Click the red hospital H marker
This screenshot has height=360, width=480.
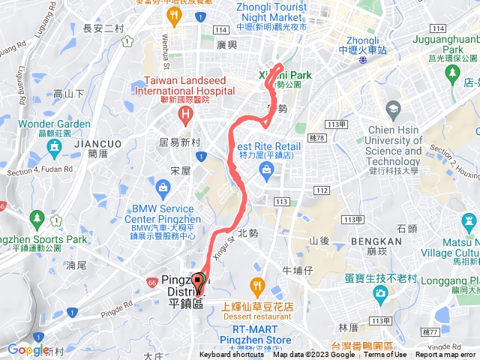pos(184,114)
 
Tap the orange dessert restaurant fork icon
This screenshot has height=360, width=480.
pos(258,285)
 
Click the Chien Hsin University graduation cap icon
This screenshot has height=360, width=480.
pos(393,110)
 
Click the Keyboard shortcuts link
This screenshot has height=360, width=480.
pos(232,355)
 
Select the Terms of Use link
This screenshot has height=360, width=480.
pos(385,355)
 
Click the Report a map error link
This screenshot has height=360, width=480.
pos(446,355)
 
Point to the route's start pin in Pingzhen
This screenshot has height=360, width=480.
pos(198,283)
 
